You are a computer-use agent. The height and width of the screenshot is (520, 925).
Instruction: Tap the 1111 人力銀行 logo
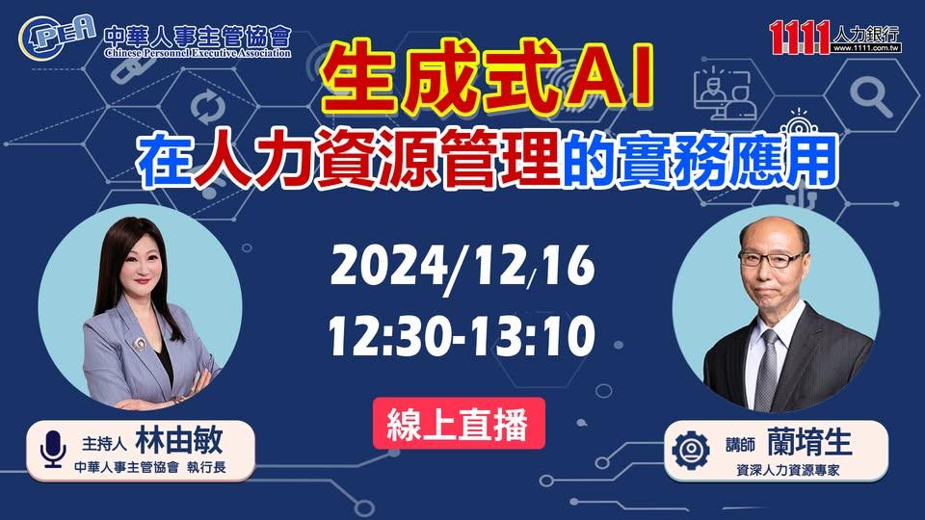835,37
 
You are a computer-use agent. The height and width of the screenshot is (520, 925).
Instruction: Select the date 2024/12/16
462,266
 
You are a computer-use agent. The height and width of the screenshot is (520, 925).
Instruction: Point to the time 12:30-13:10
462,336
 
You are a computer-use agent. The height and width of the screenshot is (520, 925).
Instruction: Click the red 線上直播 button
459,424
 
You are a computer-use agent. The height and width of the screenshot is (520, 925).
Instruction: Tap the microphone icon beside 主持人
53,450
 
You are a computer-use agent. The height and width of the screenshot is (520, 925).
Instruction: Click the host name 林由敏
179,440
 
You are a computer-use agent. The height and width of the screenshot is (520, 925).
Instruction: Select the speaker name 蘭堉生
809,442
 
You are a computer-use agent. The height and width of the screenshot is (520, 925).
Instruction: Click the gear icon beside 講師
691,451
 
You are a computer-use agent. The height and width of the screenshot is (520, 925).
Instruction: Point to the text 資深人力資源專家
788,471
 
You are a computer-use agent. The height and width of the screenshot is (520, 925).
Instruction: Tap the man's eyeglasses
772,259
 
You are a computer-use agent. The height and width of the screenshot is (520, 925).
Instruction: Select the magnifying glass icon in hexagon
871,96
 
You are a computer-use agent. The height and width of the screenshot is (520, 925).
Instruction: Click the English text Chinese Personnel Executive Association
198,53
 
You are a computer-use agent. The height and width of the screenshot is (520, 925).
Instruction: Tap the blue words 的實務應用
700,160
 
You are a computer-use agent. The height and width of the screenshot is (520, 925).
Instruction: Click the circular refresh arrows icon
208,108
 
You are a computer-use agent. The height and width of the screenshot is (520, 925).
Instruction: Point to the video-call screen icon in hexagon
725,93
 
